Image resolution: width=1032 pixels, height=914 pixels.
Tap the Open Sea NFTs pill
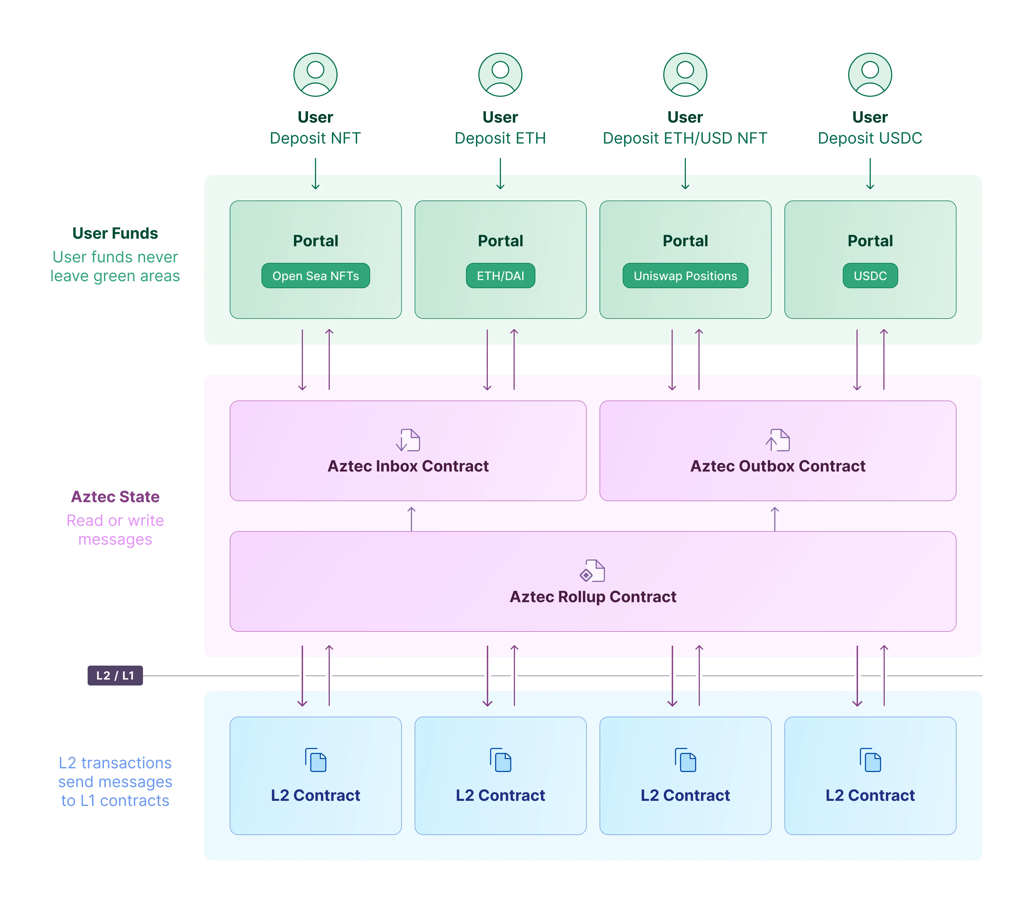pos(316,276)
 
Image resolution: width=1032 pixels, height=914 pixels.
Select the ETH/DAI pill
pos(500,276)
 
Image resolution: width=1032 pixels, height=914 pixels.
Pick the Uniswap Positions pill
pos(685,276)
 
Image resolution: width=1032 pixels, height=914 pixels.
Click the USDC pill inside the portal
pos(870,276)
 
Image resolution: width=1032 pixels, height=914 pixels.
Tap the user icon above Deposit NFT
pos(316,75)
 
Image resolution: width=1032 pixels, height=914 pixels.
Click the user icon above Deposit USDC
pos(870,75)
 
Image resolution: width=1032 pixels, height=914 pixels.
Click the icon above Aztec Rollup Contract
pos(593,571)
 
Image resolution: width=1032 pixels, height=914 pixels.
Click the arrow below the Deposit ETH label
pos(500,174)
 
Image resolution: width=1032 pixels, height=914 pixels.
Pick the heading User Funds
pos(115,233)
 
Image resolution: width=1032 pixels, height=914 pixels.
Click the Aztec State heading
pos(115,497)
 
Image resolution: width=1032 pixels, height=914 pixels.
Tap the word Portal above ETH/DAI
pos(500,241)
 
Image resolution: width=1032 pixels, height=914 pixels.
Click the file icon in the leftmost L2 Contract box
pos(316,760)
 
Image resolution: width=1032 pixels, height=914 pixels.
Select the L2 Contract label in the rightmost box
pos(870,795)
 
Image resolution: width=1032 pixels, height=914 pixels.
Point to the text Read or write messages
pos(115,530)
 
